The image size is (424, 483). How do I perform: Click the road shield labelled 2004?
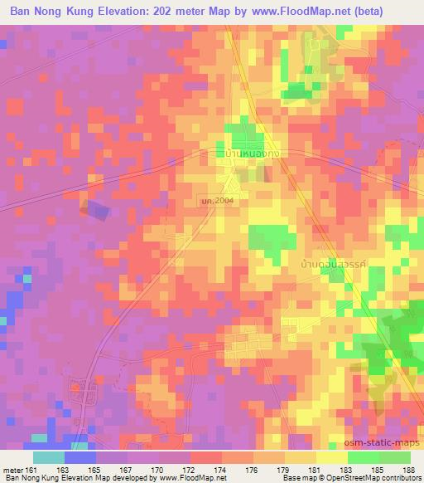point(222,200)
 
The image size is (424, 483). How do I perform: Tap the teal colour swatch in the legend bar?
point(49,457)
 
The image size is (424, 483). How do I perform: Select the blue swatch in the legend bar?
point(80,457)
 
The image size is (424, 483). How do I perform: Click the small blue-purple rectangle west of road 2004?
point(97,211)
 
